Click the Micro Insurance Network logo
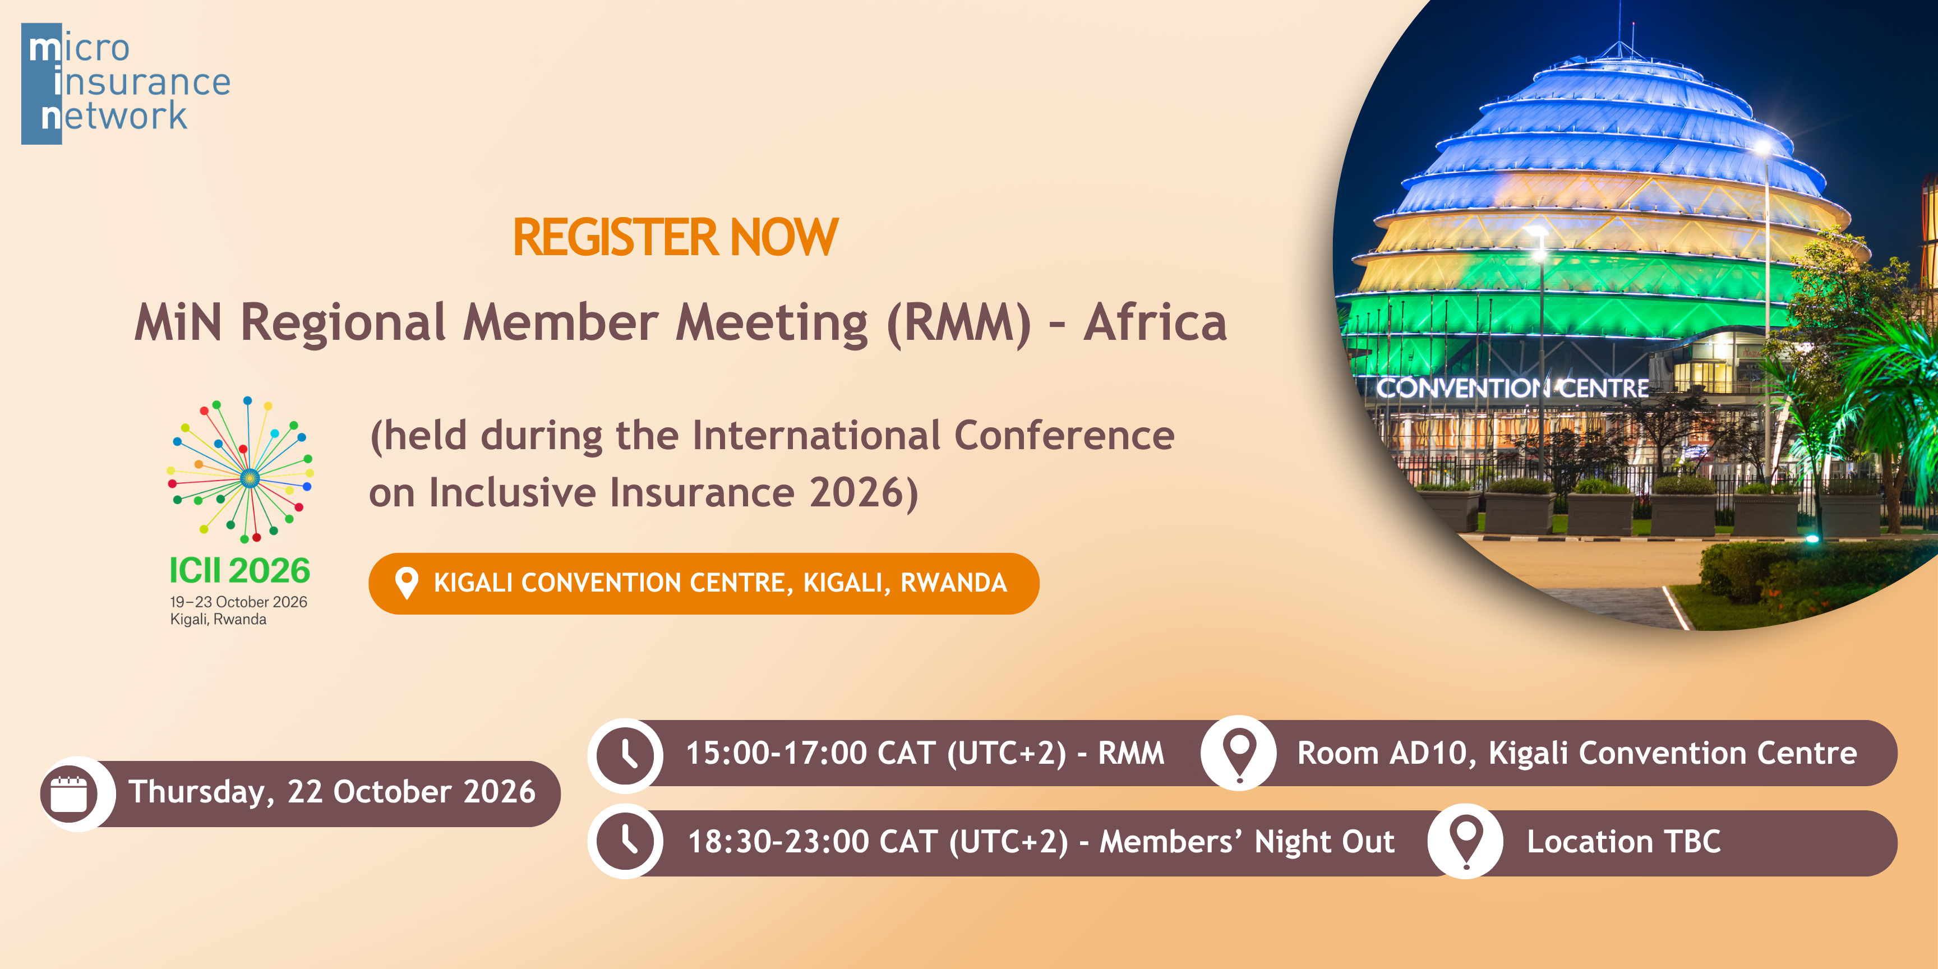(126, 84)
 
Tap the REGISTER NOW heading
(675, 238)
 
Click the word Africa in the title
(1155, 322)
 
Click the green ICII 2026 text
(239, 570)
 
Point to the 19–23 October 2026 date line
(238, 602)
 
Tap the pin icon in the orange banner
(406, 583)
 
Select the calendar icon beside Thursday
(69, 793)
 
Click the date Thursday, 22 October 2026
(332, 792)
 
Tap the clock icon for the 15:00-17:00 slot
(626, 753)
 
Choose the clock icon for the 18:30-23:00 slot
(626, 841)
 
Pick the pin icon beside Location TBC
(1465, 841)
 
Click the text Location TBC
(1623, 842)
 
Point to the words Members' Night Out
(1247, 842)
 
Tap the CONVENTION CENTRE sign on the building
(1512, 388)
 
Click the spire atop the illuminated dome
(1632, 34)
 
